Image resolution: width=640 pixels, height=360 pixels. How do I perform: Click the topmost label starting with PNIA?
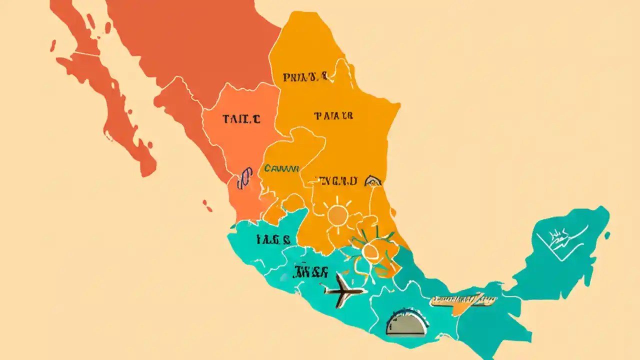(x=305, y=77)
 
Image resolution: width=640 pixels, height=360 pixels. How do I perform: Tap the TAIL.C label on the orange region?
(x=241, y=119)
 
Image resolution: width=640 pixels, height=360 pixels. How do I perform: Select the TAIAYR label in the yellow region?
(x=333, y=116)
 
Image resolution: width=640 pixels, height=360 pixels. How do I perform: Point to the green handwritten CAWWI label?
(x=281, y=168)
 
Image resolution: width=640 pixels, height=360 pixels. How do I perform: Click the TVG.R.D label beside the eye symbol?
(x=338, y=180)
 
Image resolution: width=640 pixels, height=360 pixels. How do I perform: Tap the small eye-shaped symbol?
(x=373, y=180)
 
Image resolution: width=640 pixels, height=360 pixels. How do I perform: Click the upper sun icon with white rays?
(x=338, y=215)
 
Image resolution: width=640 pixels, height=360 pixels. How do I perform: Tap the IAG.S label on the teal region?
(x=273, y=239)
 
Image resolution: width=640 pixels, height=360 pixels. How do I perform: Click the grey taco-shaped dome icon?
(x=406, y=322)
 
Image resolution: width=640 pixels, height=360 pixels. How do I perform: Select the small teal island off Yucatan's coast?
(x=607, y=234)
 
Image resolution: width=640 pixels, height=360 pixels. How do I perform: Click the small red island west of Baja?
(x=52, y=45)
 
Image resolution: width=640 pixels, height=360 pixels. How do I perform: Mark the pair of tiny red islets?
(x=206, y=205)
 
